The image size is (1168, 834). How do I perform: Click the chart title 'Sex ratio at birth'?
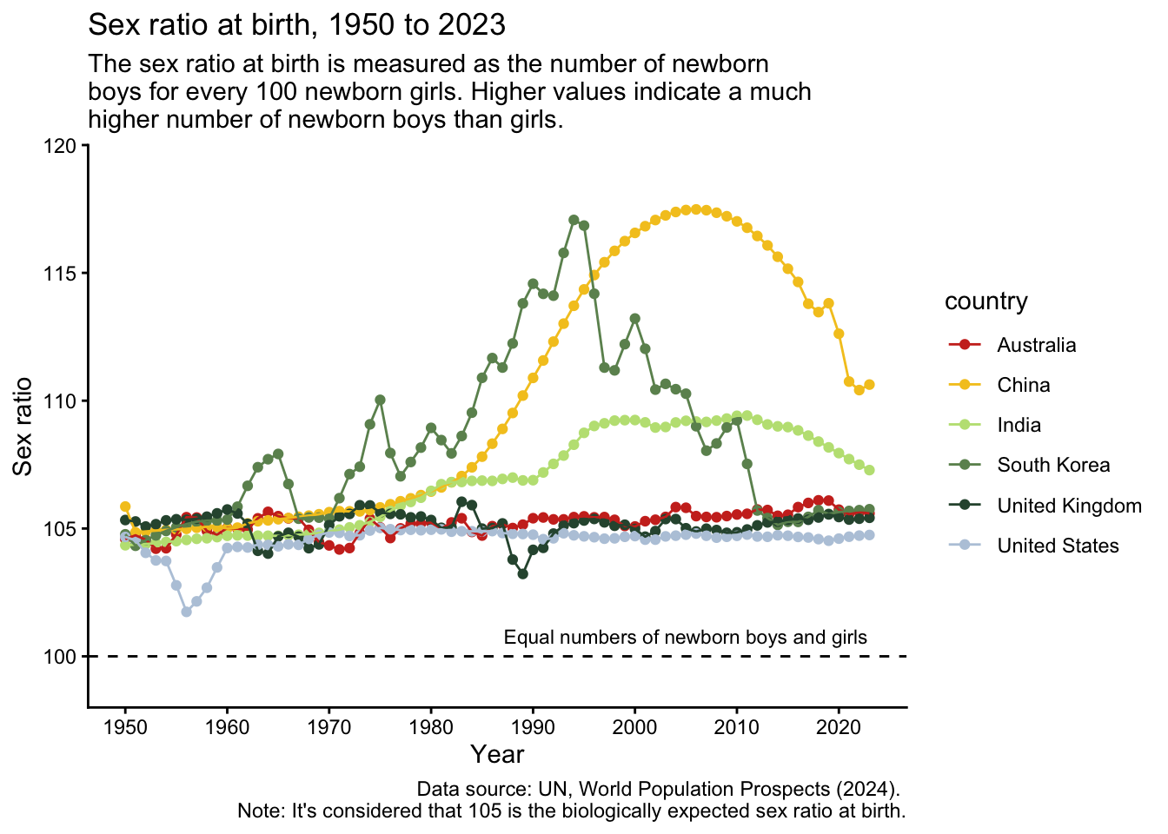(x=296, y=24)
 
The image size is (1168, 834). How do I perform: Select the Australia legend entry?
(x=1036, y=345)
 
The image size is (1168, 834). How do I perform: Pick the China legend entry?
(x=1023, y=385)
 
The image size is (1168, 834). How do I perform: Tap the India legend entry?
(x=1019, y=425)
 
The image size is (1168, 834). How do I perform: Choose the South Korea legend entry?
(x=1053, y=465)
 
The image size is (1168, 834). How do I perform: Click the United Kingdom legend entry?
(x=1069, y=506)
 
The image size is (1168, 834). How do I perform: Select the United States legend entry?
(x=1058, y=546)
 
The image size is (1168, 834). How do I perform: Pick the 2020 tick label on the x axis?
(x=839, y=725)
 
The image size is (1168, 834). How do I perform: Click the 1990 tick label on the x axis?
(x=533, y=725)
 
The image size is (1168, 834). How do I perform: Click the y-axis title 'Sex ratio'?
(x=23, y=427)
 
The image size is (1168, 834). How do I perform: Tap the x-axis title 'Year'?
(x=497, y=754)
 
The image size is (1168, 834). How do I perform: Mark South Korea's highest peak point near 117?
(x=574, y=221)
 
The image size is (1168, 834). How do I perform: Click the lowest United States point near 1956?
(x=186, y=612)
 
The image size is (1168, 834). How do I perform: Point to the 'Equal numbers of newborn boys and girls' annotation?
(x=685, y=638)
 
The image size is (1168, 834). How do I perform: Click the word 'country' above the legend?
(x=985, y=301)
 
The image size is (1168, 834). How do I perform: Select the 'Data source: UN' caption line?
(x=658, y=789)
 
